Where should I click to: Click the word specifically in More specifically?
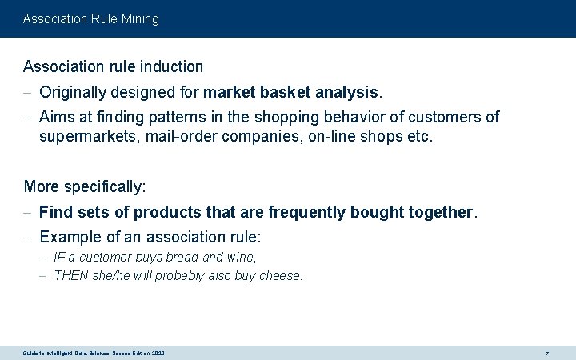[105, 186]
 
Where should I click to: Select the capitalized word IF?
[59, 258]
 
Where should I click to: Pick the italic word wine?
[239, 258]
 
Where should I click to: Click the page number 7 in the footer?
[546, 353]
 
